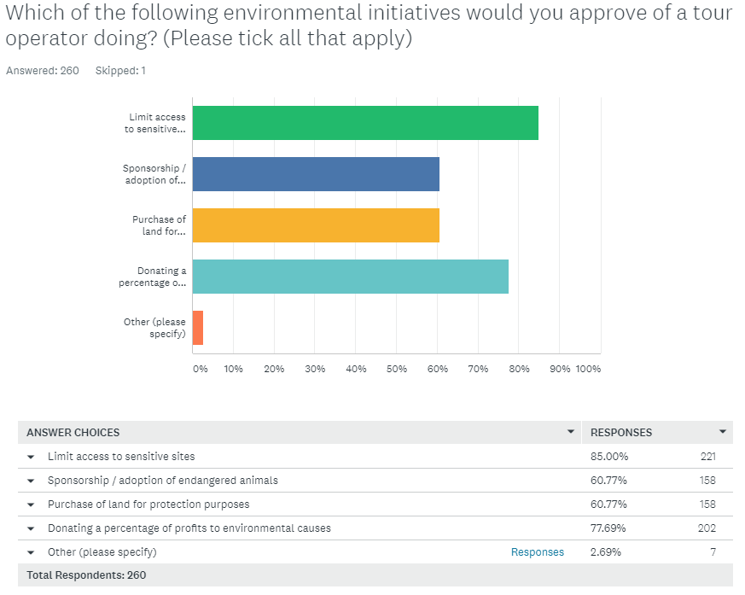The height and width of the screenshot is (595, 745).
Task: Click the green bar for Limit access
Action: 365,123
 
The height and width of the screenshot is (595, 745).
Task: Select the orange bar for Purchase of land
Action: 316,225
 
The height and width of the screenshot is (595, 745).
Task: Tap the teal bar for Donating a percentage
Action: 350,277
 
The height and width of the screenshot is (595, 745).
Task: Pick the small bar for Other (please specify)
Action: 198,328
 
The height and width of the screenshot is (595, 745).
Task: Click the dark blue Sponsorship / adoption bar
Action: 316,174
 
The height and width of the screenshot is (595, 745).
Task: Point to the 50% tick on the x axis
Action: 397,369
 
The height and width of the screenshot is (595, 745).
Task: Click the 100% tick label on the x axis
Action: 588,369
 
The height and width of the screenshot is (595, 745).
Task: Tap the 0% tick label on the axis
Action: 200,369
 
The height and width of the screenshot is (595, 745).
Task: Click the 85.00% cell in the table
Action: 608,457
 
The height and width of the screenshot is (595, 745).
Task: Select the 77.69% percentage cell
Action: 608,528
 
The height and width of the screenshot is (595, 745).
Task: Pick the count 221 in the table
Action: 707,457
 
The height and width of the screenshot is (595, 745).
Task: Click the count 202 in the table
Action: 707,528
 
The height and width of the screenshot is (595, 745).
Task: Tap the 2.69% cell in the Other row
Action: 606,552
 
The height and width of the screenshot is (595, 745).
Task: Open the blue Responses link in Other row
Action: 538,552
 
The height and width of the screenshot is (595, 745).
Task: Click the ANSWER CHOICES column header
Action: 73,433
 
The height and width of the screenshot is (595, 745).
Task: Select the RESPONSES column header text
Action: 621,433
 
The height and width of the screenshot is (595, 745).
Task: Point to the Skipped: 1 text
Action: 120,71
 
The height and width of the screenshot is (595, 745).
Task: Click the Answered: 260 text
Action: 43,71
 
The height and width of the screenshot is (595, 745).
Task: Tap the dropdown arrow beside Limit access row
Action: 31,457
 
